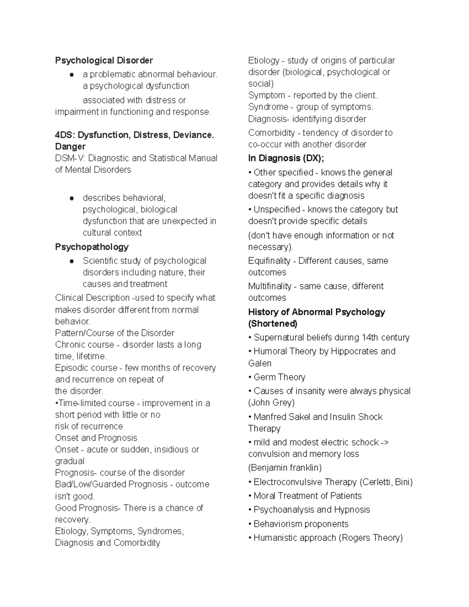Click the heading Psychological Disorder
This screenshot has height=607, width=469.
coord(104,61)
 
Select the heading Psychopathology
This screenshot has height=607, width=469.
coord(91,247)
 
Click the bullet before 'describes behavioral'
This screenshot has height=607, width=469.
coord(72,198)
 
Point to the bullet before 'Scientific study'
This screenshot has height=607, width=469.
coord(72,261)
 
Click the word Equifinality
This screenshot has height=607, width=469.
coord(269,261)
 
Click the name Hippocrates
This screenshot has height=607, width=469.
coord(354,351)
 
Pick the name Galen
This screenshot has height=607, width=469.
coord(260,363)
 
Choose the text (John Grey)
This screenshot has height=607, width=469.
coord(271,403)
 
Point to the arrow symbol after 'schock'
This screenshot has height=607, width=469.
coord(385,442)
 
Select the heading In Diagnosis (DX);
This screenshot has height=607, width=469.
coord(286,158)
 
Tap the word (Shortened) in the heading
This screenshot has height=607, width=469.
coord(272,324)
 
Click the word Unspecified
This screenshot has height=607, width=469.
coord(276,209)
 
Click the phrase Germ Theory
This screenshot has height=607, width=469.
coord(279,377)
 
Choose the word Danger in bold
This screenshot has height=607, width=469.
coord(70,147)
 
